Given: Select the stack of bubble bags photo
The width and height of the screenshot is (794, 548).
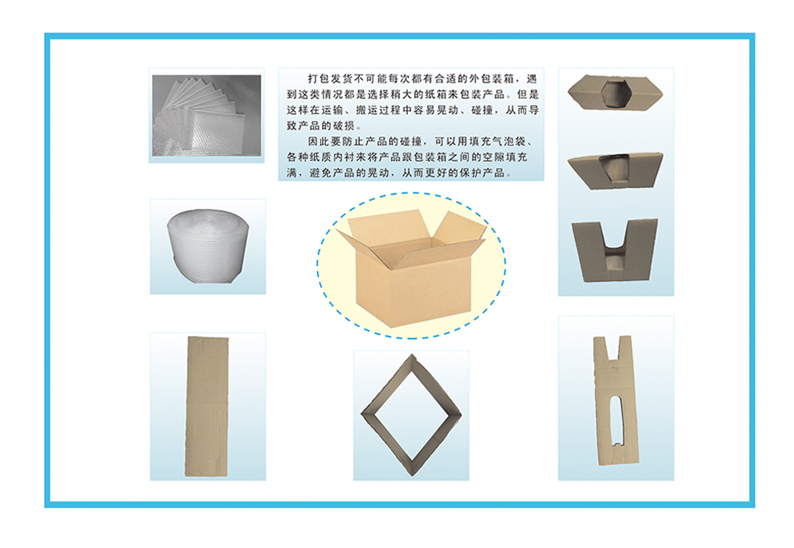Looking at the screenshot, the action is [207, 115].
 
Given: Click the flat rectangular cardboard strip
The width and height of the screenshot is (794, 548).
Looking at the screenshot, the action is [207, 407].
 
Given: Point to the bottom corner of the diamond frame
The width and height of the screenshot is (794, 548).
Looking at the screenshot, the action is [411, 475].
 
